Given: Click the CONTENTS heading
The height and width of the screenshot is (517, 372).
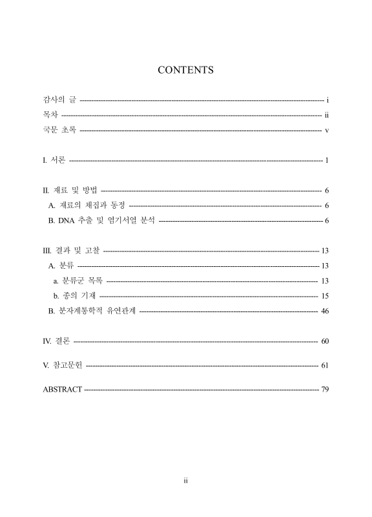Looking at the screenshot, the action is (185, 70).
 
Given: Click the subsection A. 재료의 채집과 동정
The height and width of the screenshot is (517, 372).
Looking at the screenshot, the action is (87, 206).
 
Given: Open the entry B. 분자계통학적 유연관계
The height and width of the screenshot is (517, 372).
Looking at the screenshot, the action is (92, 311).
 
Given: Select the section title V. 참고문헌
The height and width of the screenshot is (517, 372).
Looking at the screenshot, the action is (62, 366).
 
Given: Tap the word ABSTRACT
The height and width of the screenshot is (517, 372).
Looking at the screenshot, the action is (62, 390).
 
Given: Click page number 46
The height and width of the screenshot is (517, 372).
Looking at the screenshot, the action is (325, 311).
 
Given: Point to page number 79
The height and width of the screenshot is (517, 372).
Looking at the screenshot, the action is (325, 390).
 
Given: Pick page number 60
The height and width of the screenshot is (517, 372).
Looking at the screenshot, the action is (325, 341).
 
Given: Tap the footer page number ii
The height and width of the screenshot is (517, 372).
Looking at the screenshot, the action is (185, 481).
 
